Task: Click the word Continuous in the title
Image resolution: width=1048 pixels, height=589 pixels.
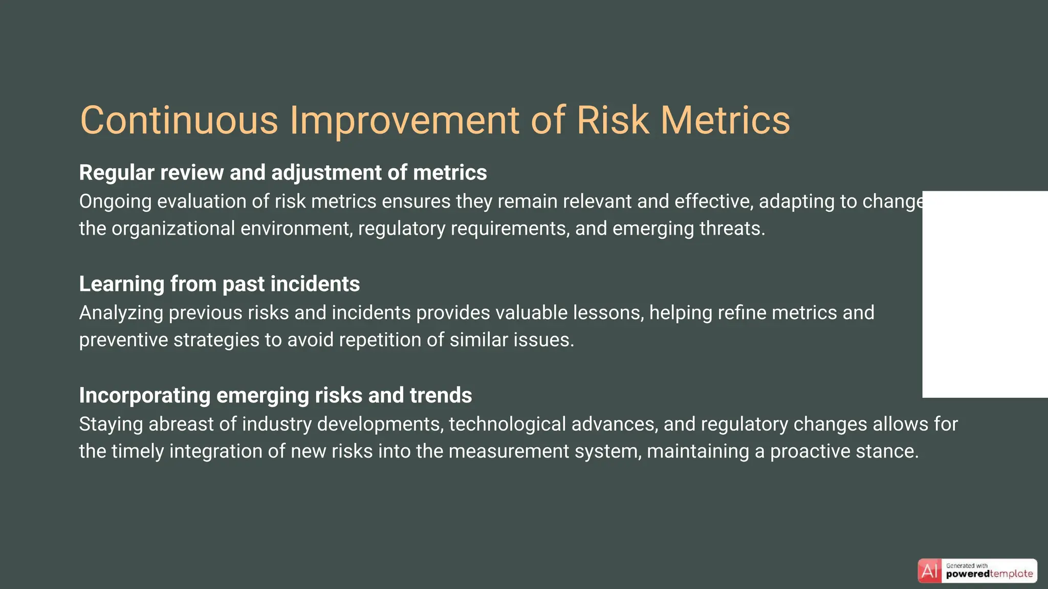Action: (179, 120)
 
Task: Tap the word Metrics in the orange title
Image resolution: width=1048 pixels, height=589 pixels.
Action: (725, 120)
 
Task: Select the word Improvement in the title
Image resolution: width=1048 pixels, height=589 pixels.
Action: (404, 120)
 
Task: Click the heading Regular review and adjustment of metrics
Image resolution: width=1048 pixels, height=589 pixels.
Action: (282, 173)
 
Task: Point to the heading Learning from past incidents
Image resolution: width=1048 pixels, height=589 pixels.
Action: (219, 284)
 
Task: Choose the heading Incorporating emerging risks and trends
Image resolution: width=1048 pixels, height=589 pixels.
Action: (275, 396)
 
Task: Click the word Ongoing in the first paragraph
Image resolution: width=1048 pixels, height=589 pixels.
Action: (115, 202)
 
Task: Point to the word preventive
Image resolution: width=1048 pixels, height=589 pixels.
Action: (123, 341)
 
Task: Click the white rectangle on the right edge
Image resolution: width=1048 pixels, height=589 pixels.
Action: (985, 294)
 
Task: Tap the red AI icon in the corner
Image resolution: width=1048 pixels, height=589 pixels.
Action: (929, 571)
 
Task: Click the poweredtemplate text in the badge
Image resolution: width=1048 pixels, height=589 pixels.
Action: (989, 574)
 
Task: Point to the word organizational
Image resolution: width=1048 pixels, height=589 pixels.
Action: (173, 229)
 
